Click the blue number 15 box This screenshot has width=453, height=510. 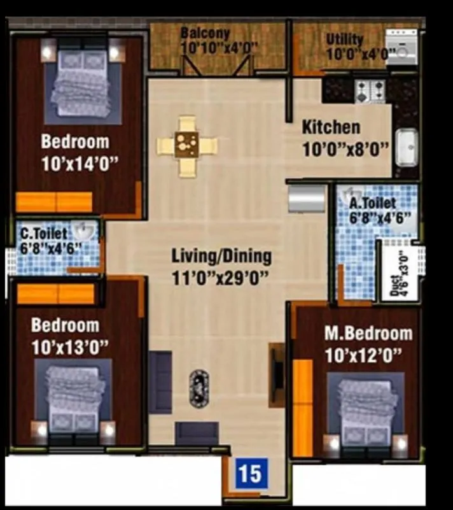[x=251, y=474]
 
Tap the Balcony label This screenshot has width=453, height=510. [x=204, y=33]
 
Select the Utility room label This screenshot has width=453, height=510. [x=344, y=39]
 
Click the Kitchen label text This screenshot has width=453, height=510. [x=330, y=127]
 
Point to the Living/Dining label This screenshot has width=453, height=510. [x=221, y=257]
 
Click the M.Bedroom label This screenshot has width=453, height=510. [x=368, y=333]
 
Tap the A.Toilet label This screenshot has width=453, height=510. [x=372, y=203]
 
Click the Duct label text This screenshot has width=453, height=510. [x=396, y=284]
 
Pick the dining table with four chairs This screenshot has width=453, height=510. [x=187, y=146]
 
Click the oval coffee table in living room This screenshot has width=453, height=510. [x=199, y=388]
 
